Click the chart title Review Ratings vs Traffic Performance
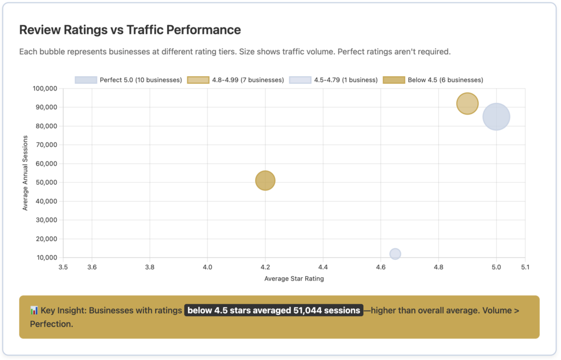point(130,30)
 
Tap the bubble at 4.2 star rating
point(265,180)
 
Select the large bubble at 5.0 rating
point(496,117)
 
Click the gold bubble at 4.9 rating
point(467,104)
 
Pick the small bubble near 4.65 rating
point(395,254)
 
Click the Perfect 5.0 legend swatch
point(86,80)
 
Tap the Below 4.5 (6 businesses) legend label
point(445,80)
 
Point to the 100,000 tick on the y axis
point(45,88)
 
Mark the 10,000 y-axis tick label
point(47,258)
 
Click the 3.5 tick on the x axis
point(63,267)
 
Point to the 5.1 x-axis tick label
point(525,267)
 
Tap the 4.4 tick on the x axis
point(323,267)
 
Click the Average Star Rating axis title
point(294,278)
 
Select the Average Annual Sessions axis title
point(25,173)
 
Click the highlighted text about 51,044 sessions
point(274,311)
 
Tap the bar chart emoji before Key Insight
point(34,311)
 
